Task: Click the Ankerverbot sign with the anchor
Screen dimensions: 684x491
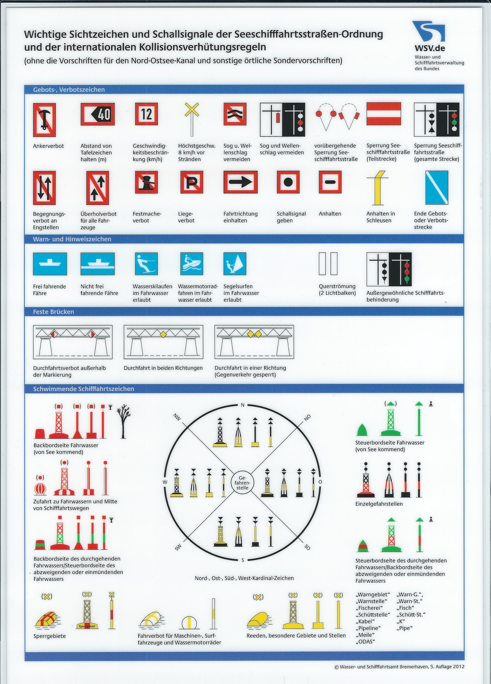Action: [x=44, y=120]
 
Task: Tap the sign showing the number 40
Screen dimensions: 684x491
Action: [x=97, y=114]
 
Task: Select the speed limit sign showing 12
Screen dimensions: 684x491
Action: [x=147, y=114]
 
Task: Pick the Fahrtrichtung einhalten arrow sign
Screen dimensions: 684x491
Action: [x=240, y=182]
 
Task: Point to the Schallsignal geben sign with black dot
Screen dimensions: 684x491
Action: [x=288, y=182]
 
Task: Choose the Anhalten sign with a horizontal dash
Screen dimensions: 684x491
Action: [x=330, y=182]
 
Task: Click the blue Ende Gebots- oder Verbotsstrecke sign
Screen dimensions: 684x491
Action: [x=437, y=187]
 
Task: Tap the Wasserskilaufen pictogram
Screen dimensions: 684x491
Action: [x=146, y=264]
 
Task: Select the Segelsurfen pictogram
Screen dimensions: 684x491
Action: [x=235, y=264]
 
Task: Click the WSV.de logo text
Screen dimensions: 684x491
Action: [x=430, y=48]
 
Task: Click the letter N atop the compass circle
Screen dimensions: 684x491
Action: [x=242, y=405]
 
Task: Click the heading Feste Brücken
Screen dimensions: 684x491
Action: [x=54, y=312]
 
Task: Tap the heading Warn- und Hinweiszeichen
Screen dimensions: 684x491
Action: [x=72, y=239]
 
